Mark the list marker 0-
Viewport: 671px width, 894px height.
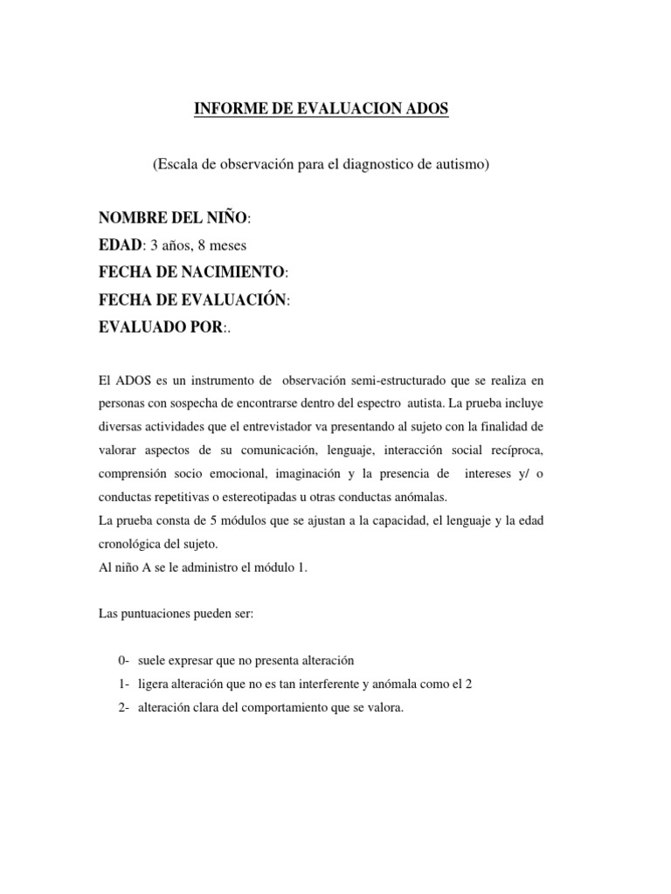123,661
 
